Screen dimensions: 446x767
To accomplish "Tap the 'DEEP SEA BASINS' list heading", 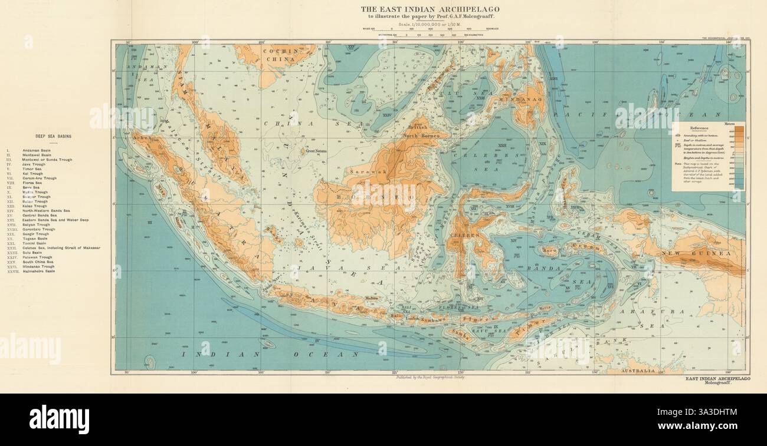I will pyautogui.click(x=53, y=136).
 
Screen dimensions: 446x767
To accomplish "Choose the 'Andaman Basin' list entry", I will pyautogui.click(x=37, y=150).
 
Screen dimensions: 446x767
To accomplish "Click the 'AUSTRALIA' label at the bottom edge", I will pyautogui.click(x=639, y=371).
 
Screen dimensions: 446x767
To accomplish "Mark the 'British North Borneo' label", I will pyautogui.click(x=419, y=131).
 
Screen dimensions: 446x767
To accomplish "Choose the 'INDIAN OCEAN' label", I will pyautogui.click(x=272, y=355).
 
